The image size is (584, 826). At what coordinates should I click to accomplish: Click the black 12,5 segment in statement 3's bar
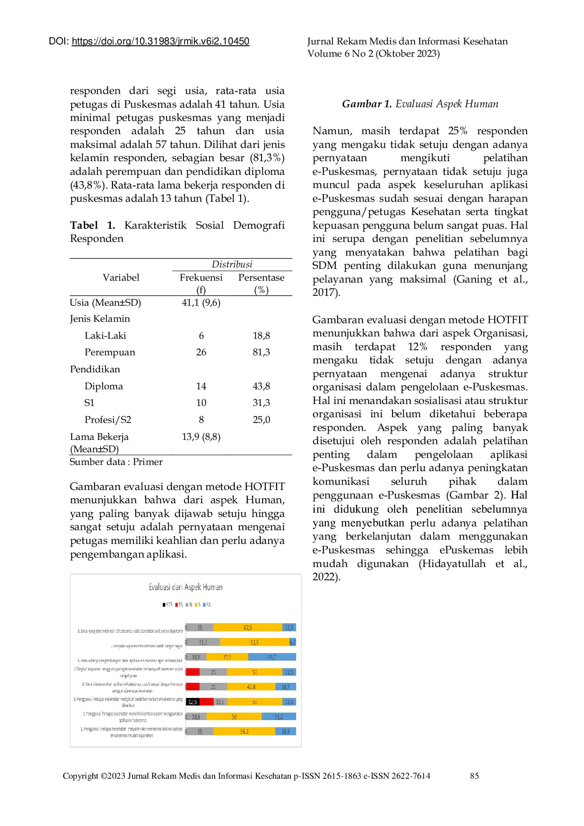coord(192,702)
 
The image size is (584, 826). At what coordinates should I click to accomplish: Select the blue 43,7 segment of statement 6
coord(272,657)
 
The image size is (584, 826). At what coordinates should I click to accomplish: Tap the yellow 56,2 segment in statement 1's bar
coord(244,731)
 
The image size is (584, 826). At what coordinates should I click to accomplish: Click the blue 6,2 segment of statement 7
coord(293,642)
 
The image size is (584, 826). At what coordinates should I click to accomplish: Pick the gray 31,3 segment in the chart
coord(203,642)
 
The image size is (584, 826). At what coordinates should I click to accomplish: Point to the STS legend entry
coord(167,605)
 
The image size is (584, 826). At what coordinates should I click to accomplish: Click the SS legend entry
coord(207,605)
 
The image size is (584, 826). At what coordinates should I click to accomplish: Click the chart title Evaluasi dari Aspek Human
coord(185,587)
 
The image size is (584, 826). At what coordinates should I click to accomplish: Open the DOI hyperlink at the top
coord(160,41)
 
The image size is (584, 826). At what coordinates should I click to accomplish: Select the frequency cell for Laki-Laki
coord(201,336)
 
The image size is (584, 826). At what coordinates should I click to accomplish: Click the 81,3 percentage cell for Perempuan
coord(261,352)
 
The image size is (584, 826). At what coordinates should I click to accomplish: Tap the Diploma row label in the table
coord(104,386)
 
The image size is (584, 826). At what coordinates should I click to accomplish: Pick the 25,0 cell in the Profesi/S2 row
coord(261,420)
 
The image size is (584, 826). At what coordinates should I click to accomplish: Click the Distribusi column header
coord(232,264)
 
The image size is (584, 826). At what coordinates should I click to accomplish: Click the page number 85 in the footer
coord(474,776)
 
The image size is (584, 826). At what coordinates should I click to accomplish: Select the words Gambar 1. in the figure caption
coord(366,104)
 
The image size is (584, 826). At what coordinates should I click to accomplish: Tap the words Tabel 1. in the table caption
coord(92,225)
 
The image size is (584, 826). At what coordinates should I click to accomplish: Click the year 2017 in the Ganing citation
coord(324,293)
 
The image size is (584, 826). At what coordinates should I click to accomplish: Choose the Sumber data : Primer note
coord(116,462)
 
